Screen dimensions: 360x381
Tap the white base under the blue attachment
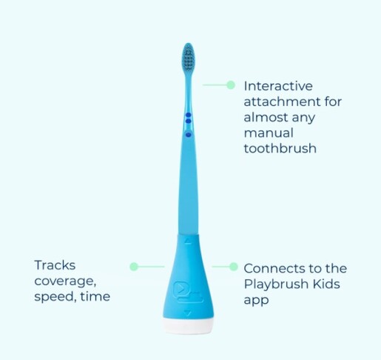pos(187,323)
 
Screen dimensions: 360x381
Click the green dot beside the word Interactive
pos(231,85)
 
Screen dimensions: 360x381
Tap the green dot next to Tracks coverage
pos(134,266)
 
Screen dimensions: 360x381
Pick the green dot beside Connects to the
pos(233,266)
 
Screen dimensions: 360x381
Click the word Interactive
pos(277,86)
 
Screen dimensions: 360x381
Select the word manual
pos(268,133)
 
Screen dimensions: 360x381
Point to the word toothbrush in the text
pos(280,148)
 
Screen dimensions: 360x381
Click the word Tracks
pos(55,264)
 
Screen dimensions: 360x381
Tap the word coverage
pos(64,281)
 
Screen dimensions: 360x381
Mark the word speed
pos(55,297)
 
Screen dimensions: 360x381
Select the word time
pos(96,296)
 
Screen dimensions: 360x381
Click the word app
pos(255,301)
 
